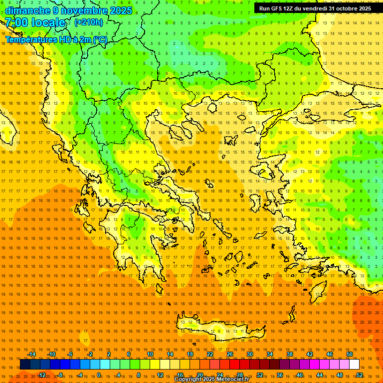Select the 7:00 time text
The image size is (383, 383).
point(16,22)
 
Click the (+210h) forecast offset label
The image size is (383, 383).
point(89,22)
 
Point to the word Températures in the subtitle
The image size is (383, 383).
point(29,39)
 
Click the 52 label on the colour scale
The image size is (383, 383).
point(360,375)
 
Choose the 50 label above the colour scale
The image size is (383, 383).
point(350,354)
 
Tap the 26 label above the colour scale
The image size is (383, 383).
point(230,354)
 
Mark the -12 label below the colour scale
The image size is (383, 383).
point(41,375)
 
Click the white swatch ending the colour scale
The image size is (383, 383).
point(354,365)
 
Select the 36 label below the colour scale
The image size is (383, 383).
point(280,375)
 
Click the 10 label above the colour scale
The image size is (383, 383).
point(150,354)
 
